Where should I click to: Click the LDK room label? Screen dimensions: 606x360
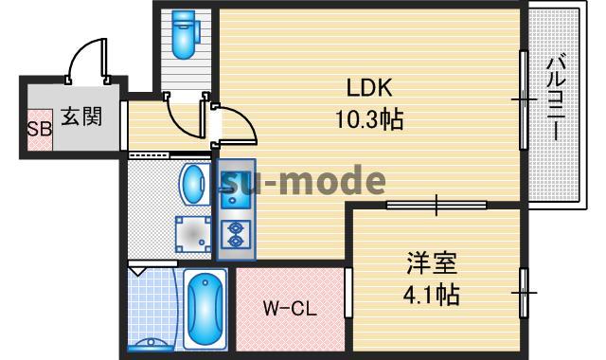369,88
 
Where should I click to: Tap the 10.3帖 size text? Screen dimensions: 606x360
369,120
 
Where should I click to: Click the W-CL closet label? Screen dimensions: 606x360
290,309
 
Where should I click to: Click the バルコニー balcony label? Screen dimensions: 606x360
558,99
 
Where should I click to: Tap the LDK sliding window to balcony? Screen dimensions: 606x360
522,99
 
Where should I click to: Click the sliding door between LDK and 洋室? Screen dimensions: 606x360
436,204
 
